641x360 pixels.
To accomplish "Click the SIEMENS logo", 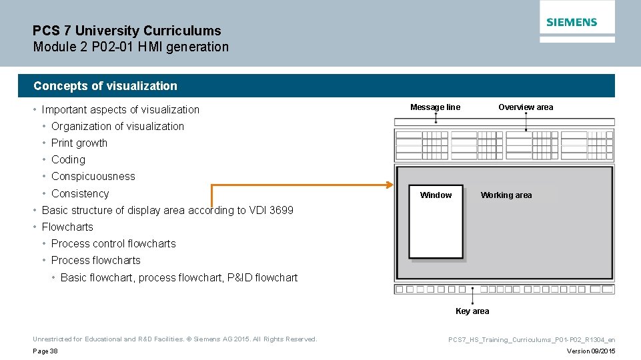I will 572,22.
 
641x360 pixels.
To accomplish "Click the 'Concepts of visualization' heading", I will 105,86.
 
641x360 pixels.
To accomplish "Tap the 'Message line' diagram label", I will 435,107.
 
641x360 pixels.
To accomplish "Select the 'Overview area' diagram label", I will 526,107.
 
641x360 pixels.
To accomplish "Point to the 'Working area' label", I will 506,195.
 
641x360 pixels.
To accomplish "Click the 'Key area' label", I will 472,311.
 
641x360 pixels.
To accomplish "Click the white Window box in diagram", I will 436,227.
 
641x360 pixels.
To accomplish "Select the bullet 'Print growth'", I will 79,143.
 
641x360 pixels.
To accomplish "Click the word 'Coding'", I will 68,160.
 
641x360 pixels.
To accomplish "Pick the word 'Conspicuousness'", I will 93,177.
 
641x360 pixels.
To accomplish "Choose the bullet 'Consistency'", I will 80,194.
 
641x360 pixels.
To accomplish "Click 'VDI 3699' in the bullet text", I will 270,211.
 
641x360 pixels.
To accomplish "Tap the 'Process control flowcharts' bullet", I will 113,244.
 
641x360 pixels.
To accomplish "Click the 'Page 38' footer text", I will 45,351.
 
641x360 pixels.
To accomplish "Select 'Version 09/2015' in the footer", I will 591,351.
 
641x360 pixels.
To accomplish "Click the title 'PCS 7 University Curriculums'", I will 127,31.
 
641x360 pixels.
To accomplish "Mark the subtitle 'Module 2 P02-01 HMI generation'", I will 131,47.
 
